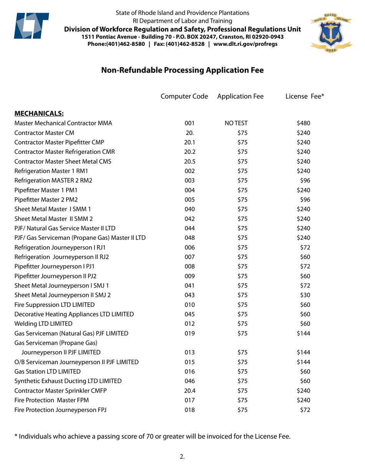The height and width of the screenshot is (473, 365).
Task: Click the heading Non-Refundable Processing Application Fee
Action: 182,70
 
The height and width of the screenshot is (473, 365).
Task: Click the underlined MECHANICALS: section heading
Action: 39,113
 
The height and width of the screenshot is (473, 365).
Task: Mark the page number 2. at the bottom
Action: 182,457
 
